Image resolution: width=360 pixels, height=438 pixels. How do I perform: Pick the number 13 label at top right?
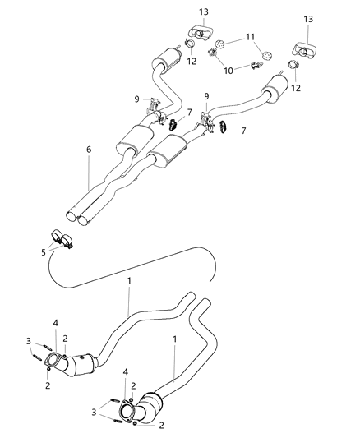click(x=309, y=18)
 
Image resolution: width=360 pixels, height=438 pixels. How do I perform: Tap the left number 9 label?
click(x=138, y=100)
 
